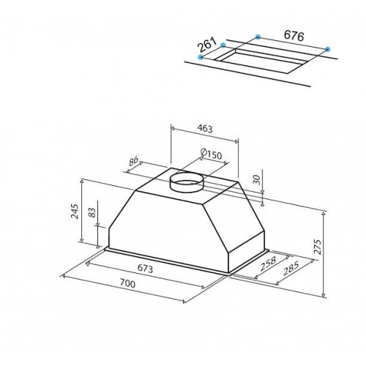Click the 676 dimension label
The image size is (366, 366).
[294, 36]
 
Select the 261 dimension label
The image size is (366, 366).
[207, 45]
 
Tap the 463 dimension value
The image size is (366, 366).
[205, 129]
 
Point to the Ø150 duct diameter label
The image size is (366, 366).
[211, 154]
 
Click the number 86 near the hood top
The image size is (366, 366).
[133, 161]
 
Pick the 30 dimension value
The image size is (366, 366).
[257, 180]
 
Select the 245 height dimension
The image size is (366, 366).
[74, 212]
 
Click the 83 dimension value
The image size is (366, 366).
[92, 212]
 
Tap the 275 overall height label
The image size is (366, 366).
[317, 247]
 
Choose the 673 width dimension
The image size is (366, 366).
[145, 269]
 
